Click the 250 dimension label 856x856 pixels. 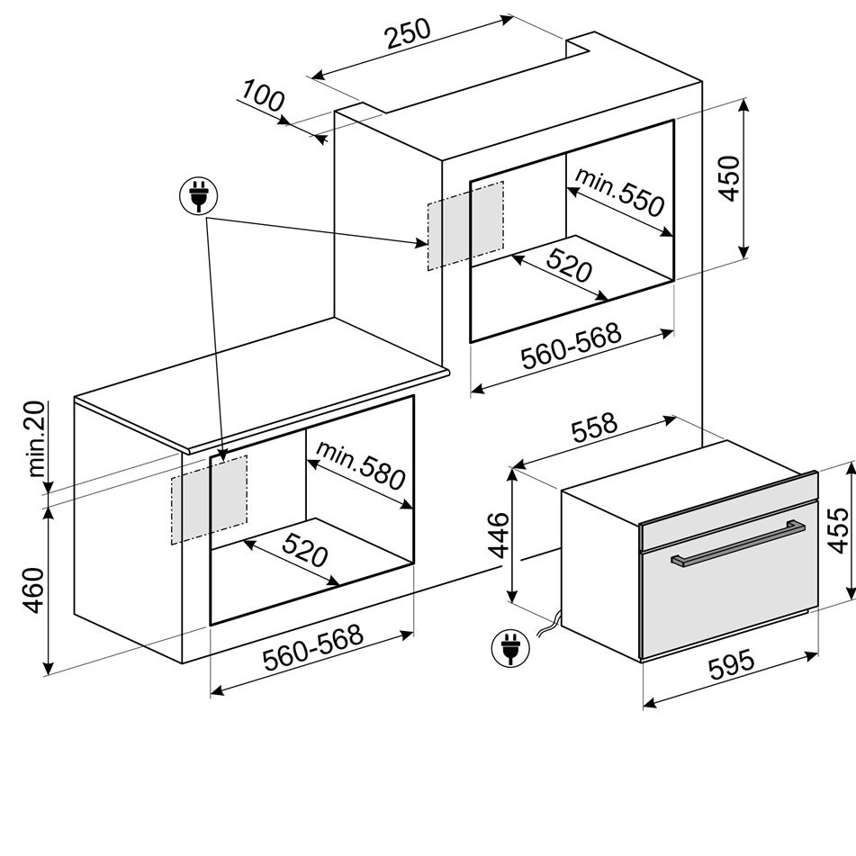click(408, 34)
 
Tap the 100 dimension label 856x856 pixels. click(264, 96)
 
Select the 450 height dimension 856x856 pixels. click(728, 178)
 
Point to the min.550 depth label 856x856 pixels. click(619, 192)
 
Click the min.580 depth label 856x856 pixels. click(361, 464)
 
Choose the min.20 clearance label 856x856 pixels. click(36, 439)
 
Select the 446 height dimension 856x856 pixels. click(499, 536)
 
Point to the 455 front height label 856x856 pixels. click(837, 530)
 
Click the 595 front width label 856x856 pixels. click(732, 663)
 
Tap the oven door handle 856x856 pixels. click(737, 545)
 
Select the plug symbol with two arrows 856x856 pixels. click(198, 195)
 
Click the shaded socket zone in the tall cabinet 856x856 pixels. click(465, 225)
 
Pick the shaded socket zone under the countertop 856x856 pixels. click(209, 500)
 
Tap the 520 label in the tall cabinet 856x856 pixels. click(569, 265)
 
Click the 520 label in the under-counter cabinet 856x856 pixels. click(305, 550)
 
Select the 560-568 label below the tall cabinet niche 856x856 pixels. click(571, 347)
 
